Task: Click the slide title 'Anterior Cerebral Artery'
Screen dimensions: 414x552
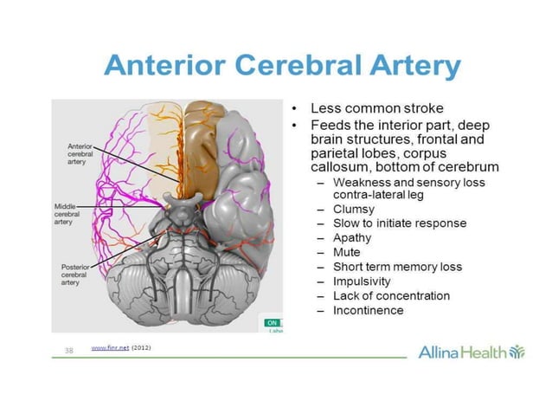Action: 281,67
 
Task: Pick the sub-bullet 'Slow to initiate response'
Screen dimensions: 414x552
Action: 399,223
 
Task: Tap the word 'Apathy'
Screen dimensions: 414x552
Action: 352,237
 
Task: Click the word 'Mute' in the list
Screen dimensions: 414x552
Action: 348,252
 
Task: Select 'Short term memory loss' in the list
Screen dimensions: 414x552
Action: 397,267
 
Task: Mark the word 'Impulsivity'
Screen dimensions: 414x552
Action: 362,281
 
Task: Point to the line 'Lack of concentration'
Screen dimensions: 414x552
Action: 391,296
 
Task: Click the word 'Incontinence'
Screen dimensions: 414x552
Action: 368,311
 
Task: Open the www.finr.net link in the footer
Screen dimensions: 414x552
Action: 109,348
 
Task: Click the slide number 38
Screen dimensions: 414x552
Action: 70,351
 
